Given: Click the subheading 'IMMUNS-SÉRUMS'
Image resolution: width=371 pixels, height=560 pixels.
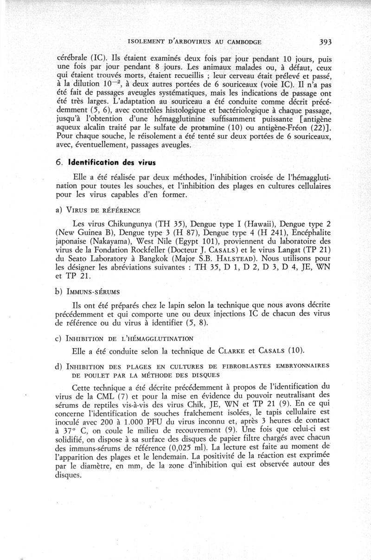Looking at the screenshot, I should pos(94,292).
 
